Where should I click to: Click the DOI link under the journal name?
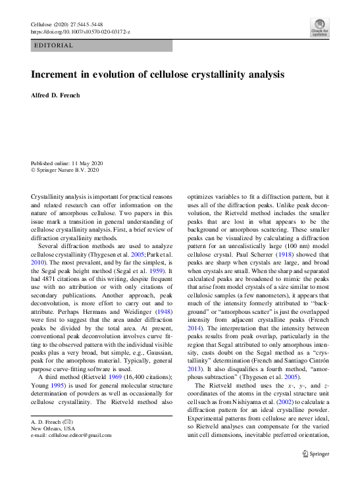(x=82, y=32)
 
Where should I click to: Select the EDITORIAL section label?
(x=53, y=45)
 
